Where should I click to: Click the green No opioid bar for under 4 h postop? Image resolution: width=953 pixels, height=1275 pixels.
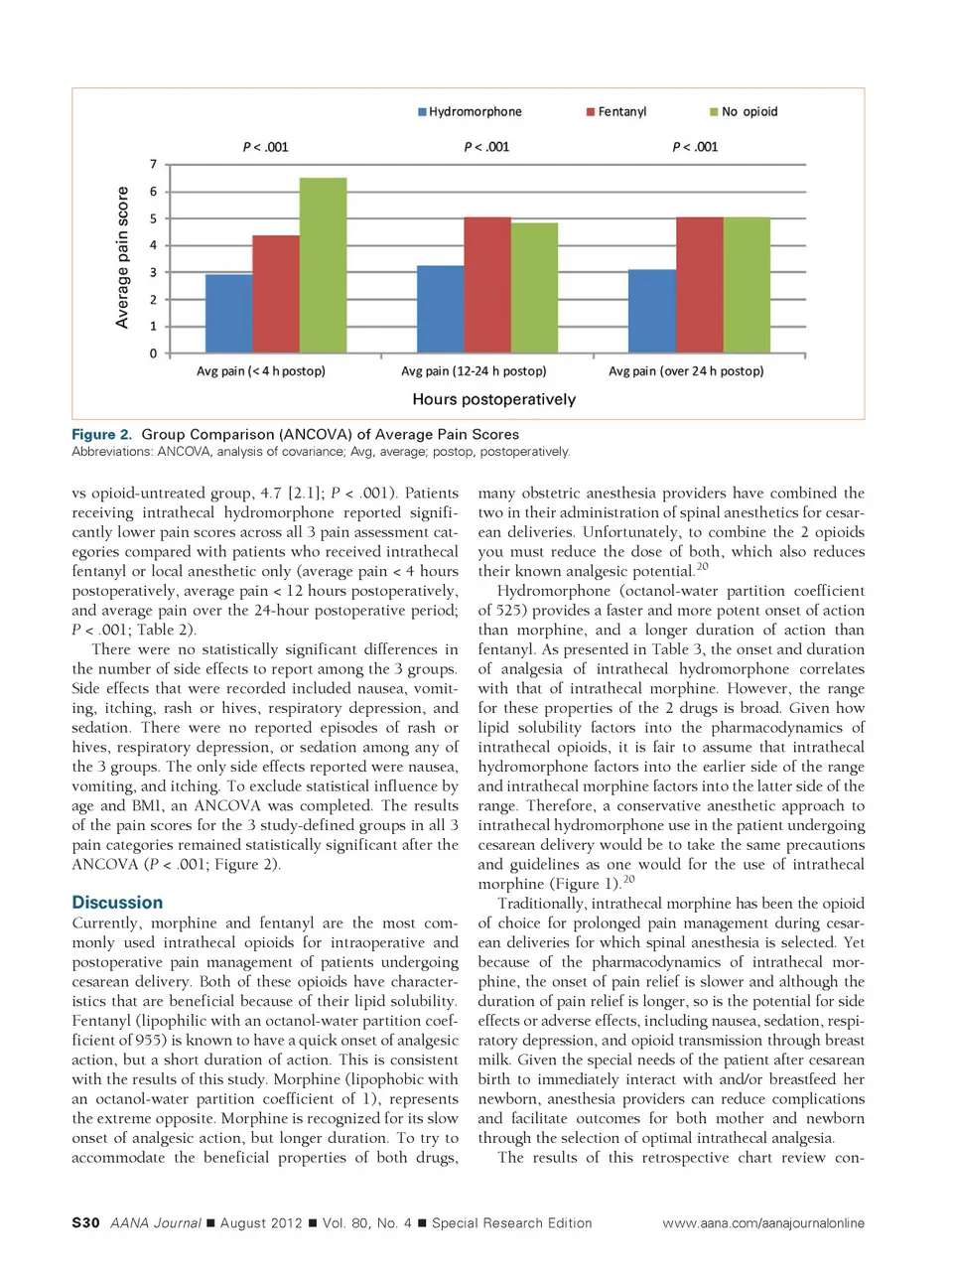(323, 265)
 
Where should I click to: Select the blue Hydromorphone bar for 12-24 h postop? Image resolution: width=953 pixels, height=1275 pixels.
(440, 309)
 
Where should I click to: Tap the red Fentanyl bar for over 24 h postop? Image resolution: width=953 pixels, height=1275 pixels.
(699, 285)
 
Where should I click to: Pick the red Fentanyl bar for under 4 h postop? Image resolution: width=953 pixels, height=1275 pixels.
(276, 294)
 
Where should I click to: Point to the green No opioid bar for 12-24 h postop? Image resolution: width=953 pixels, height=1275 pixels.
(534, 288)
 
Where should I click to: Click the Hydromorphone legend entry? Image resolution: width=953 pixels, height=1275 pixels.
(470, 112)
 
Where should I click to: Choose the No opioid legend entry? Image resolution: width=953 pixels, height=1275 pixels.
(744, 112)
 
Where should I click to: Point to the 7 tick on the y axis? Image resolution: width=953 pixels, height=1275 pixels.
(153, 165)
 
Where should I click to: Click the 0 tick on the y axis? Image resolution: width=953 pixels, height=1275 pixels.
(153, 354)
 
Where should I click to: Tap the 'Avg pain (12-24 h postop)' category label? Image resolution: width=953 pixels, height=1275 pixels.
(474, 371)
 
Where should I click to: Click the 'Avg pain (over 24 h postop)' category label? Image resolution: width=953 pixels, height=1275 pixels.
(686, 371)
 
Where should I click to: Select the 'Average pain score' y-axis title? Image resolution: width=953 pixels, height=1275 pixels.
(123, 257)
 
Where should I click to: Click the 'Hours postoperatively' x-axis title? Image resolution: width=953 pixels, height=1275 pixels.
(493, 399)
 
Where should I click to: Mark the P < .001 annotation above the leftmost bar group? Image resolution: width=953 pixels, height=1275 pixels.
(265, 147)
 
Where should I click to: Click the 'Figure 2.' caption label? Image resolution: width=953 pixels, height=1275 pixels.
(101, 434)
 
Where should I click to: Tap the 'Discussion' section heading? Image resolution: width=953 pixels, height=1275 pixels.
(117, 903)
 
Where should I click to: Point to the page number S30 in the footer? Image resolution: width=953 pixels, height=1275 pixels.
(85, 1223)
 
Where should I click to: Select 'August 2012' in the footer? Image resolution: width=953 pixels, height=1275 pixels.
(260, 1223)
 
